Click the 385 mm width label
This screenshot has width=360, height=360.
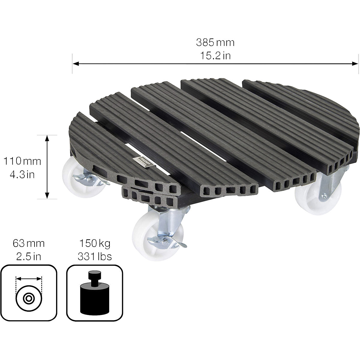pyautogui.click(x=215, y=43)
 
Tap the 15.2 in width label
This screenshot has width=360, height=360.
pyautogui.click(x=215, y=56)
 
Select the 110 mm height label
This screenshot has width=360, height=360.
pyautogui.click(x=22, y=161)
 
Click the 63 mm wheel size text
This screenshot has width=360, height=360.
pyautogui.click(x=28, y=243)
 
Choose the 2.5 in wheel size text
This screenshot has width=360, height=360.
pyautogui.click(x=28, y=256)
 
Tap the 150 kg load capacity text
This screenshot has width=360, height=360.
pyautogui.click(x=95, y=243)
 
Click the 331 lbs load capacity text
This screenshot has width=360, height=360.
pyautogui.click(x=95, y=256)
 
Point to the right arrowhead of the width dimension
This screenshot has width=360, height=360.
pyautogui.click(x=355, y=64)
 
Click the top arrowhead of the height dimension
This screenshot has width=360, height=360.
pyautogui.click(x=47, y=138)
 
